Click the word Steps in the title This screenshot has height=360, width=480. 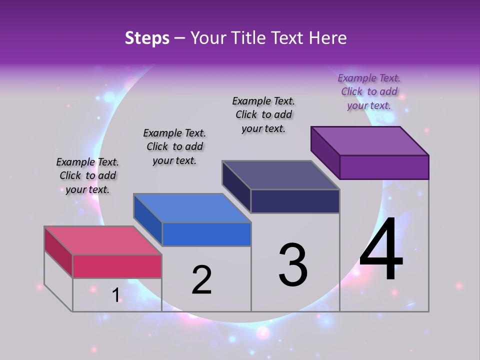pyautogui.click(x=147, y=38)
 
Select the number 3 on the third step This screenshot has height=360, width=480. pyautogui.click(x=293, y=265)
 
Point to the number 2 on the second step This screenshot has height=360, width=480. pyautogui.click(x=201, y=280)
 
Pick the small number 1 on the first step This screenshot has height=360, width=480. pyautogui.click(x=115, y=295)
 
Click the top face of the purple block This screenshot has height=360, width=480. pyautogui.click(x=369, y=140)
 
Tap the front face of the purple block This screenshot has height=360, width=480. pyautogui.click(x=384, y=167)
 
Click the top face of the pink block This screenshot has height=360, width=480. pyautogui.click(x=103, y=240)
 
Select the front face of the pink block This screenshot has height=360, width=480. pyautogui.click(x=117, y=266)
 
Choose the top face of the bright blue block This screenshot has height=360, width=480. pyautogui.click(x=192, y=207)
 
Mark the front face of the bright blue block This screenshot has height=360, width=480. pyautogui.click(x=206, y=234)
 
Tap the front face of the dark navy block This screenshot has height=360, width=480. pyautogui.click(x=295, y=201)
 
